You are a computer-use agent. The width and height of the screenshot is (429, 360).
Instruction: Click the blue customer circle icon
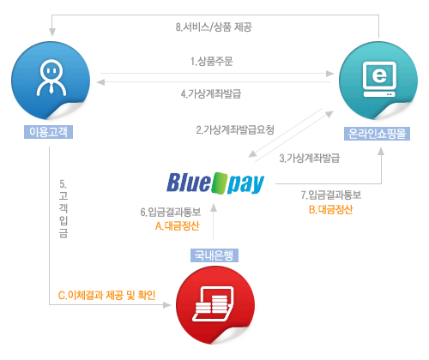[51, 81]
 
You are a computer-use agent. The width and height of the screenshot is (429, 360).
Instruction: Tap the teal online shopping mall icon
[378, 81]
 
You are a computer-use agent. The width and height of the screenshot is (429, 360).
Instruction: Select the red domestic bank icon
[215, 305]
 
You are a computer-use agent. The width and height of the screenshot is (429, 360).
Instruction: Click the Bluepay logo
[215, 183]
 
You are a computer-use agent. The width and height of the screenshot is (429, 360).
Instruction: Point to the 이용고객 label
[48, 132]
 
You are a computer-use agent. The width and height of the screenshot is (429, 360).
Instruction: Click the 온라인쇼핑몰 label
[377, 134]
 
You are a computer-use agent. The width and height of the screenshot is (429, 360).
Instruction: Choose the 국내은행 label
[214, 255]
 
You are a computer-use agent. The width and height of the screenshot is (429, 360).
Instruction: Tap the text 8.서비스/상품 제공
[214, 27]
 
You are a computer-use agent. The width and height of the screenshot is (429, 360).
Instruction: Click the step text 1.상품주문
[212, 61]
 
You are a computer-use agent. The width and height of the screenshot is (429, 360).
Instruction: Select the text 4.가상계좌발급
[211, 93]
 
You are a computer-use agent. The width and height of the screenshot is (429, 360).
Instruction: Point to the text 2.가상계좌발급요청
[235, 129]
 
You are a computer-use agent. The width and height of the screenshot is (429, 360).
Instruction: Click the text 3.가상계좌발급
[310, 158]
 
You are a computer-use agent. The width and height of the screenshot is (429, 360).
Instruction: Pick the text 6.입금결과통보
[171, 212]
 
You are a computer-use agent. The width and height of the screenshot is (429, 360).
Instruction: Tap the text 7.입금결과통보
[331, 195]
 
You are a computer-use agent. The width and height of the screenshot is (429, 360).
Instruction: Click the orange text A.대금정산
[178, 226]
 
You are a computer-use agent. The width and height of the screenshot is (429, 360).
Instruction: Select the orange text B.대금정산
[331, 210]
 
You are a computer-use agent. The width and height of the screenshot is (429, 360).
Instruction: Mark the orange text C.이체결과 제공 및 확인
[106, 295]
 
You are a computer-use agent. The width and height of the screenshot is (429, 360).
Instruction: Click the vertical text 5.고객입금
[63, 208]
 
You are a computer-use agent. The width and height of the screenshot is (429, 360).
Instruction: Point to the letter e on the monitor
[379, 75]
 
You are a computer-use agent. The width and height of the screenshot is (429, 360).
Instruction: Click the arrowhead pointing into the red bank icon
[166, 305]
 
